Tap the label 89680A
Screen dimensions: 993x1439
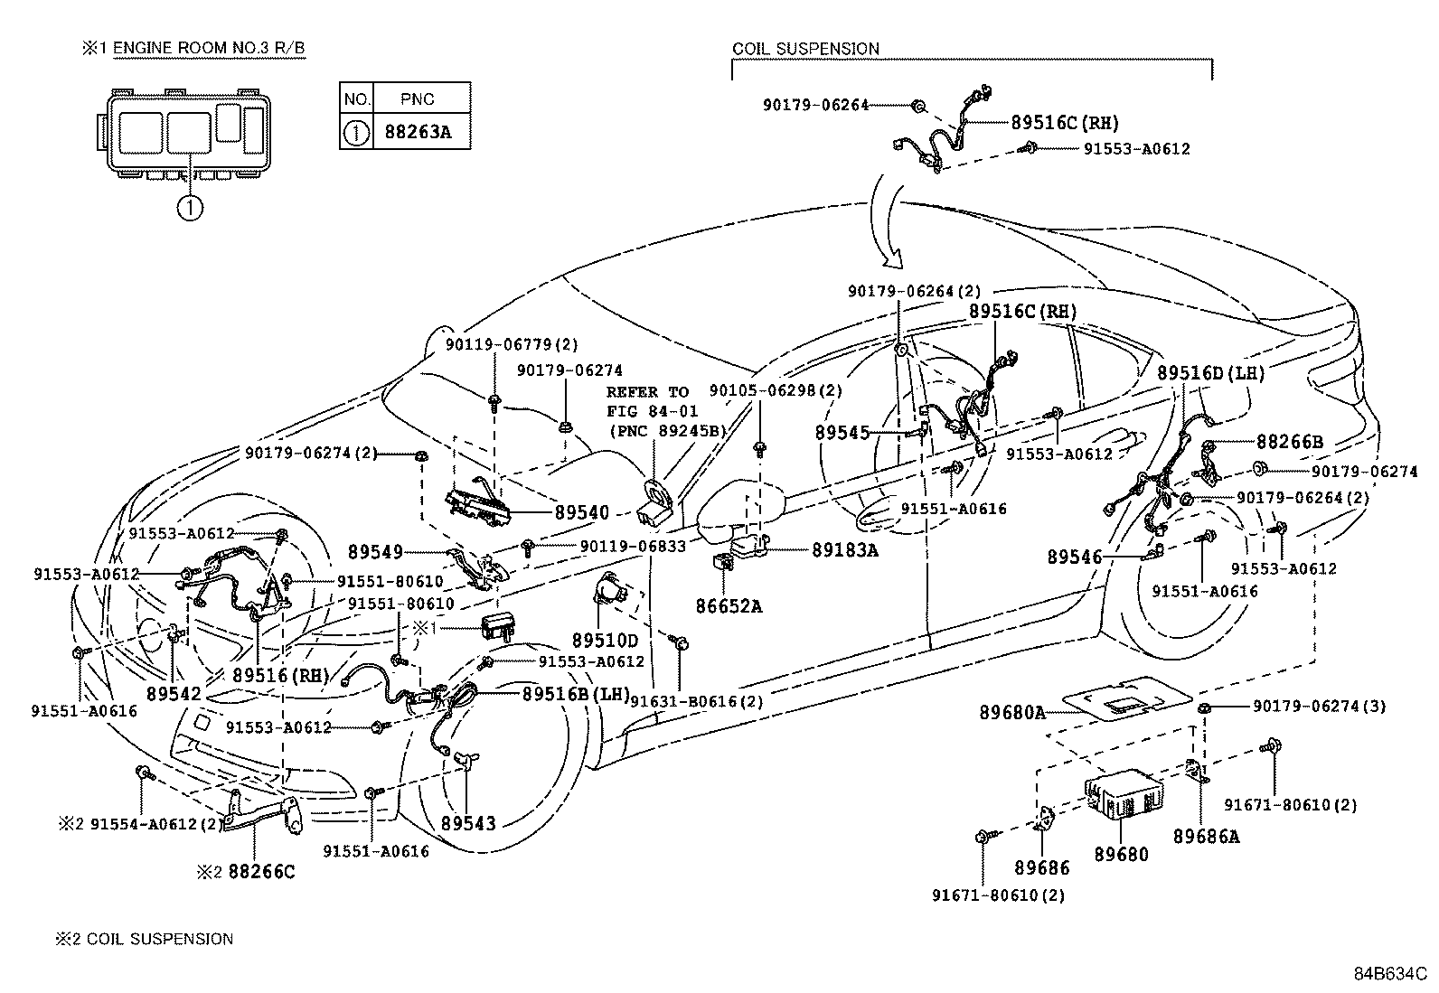coord(1011,712)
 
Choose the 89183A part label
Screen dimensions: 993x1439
coord(844,549)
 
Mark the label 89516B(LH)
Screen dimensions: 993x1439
coord(576,694)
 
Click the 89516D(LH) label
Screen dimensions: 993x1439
coord(1211,373)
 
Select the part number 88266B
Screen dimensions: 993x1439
coord(1289,442)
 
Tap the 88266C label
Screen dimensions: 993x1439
coord(261,872)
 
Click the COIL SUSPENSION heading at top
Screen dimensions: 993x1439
coord(804,49)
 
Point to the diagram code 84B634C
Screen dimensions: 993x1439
coord(1389,974)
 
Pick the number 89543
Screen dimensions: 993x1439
coord(468,823)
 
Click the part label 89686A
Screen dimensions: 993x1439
coord(1207,837)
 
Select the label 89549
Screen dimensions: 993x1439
coord(375,551)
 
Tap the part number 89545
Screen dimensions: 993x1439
coord(841,433)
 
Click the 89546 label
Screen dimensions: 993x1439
coord(1075,557)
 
